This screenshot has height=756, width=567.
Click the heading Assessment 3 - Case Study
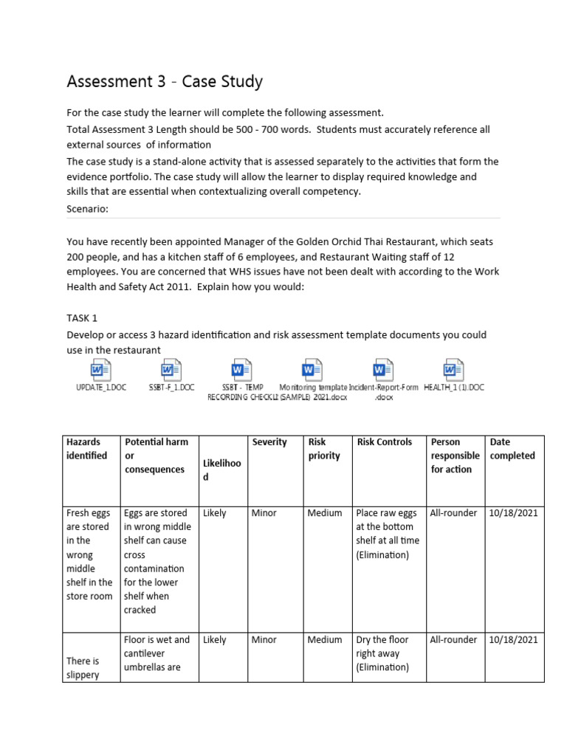click(x=164, y=81)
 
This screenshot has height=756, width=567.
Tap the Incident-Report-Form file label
click(x=384, y=391)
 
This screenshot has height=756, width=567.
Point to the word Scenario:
click(x=87, y=209)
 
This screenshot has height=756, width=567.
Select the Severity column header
click(x=269, y=442)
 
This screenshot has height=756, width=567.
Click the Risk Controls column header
click(x=384, y=442)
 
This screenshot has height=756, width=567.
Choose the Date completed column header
click(x=512, y=449)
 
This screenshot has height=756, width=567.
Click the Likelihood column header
click(x=221, y=470)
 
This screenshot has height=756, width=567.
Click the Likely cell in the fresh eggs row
click(x=214, y=513)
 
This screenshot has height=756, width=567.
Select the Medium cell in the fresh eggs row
click(x=325, y=513)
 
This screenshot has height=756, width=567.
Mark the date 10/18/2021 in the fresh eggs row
click(x=513, y=513)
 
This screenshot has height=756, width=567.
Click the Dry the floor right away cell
click(x=382, y=653)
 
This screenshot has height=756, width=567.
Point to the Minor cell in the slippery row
click(x=264, y=640)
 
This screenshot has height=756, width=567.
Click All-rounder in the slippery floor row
click(x=453, y=640)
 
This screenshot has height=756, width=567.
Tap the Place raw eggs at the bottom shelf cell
click(x=387, y=534)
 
